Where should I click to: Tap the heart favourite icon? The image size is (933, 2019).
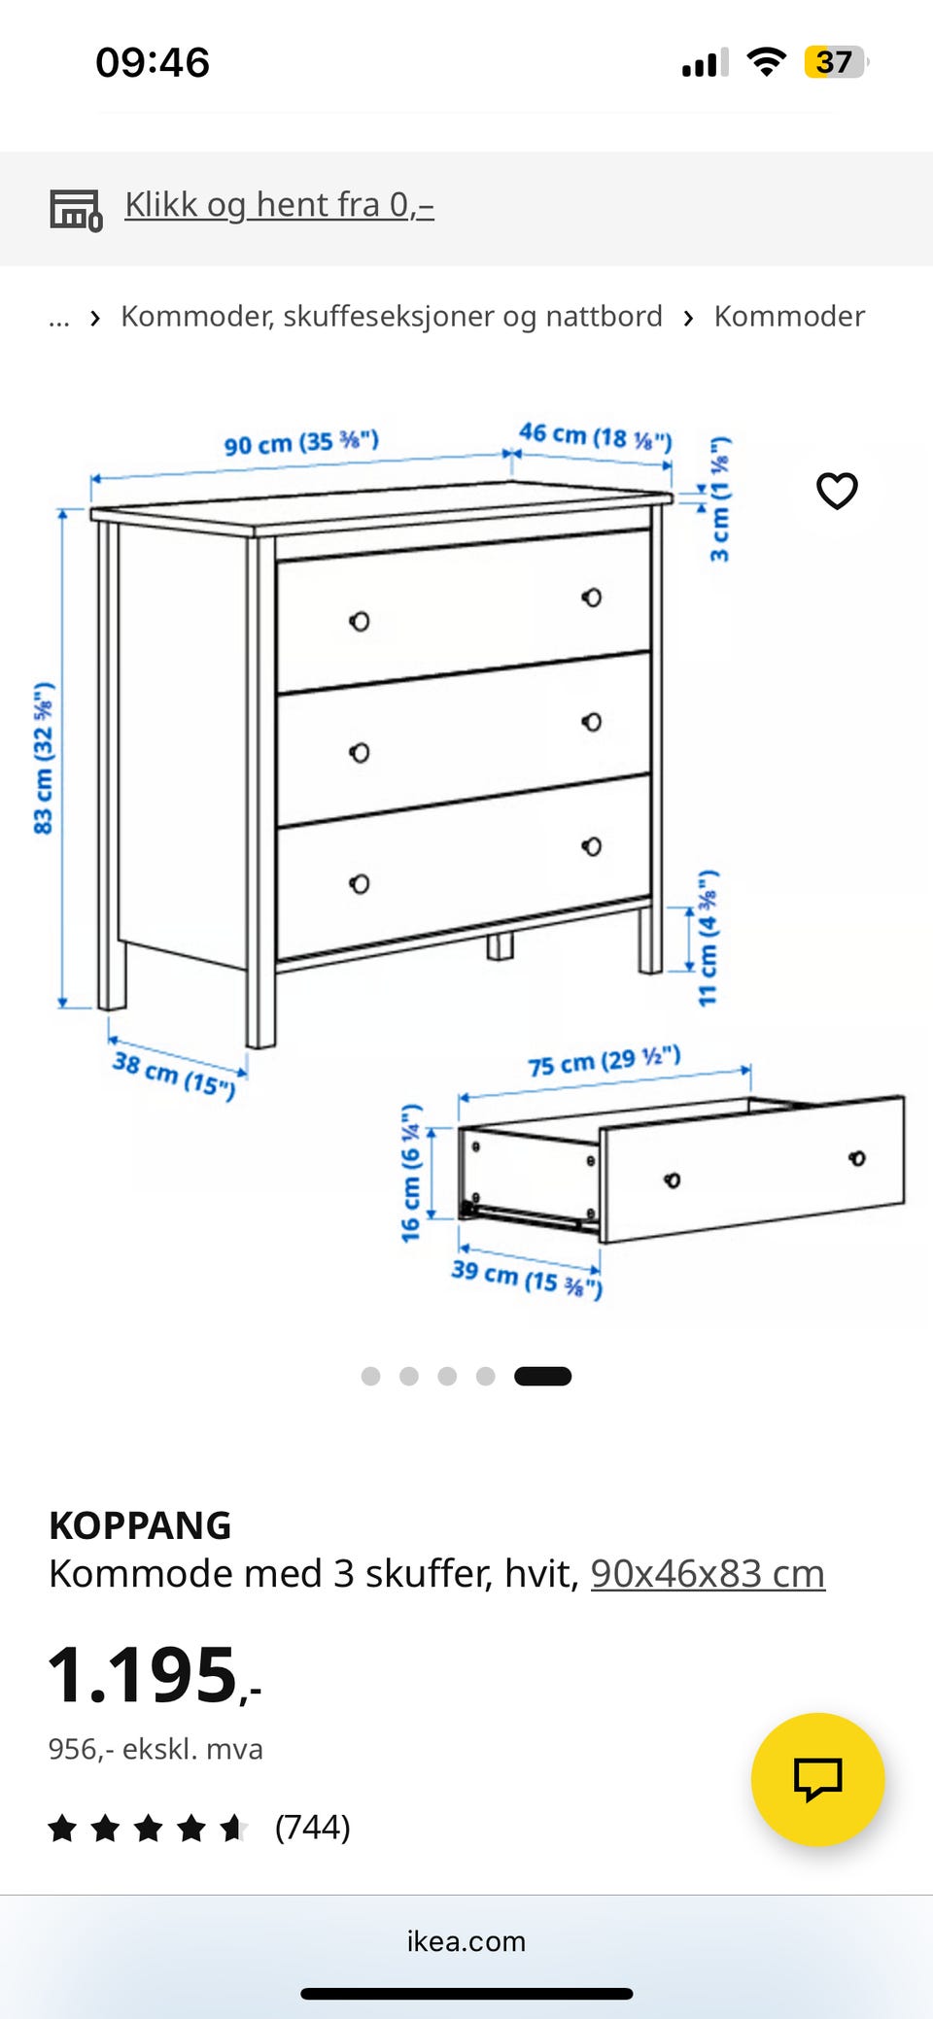[837, 491]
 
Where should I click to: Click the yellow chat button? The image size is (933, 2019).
[817, 1779]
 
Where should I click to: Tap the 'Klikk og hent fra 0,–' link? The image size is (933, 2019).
[279, 205]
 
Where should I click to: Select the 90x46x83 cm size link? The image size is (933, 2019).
[708, 1573]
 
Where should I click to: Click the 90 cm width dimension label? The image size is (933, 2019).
[301, 442]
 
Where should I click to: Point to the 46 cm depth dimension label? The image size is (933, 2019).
[595, 436]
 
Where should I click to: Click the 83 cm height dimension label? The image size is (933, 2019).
[44, 758]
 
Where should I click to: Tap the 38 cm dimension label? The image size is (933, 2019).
[174, 1075]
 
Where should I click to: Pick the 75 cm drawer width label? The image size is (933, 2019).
[604, 1061]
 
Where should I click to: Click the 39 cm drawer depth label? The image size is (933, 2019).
[527, 1277]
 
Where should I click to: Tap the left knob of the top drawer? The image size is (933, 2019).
[360, 621]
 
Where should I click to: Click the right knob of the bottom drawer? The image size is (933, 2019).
[591, 846]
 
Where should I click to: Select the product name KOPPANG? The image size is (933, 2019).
[140, 1525]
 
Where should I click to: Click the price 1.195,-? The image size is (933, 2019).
[155, 1675]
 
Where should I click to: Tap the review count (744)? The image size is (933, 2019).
[312, 1828]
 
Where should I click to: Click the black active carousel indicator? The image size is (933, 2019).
[542, 1376]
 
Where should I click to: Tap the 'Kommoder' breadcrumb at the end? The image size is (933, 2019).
[789, 316]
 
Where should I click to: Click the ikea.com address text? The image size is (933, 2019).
[466, 1940]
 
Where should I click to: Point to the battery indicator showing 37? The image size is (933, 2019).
[835, 62]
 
